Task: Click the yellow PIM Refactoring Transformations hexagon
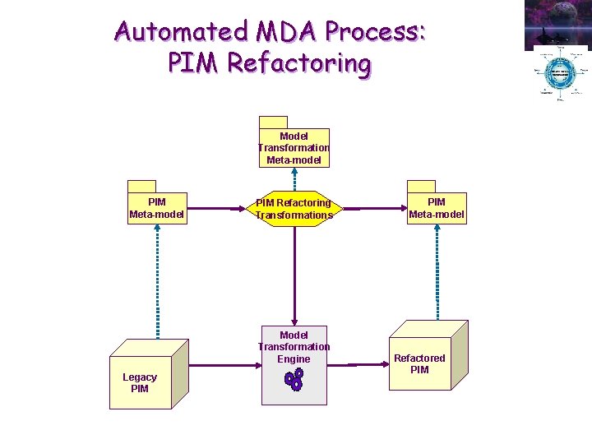[294, 209]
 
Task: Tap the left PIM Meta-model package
[157, 208]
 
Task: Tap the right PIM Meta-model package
[437, 208]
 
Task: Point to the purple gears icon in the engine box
[294, 379]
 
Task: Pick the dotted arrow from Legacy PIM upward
[157, 280]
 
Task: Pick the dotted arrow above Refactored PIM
[437, 271]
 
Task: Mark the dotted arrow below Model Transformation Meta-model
[294, 179]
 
